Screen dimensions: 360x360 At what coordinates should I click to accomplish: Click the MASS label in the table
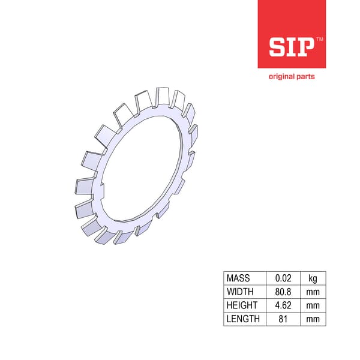tap(238, 278)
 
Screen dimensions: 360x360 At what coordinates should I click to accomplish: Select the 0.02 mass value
tap(283, 278)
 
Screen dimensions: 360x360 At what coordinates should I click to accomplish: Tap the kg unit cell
tap(313, 278)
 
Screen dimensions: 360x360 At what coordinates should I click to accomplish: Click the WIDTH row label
tap(239, 292)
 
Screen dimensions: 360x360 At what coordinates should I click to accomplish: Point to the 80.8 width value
tap(283, 292)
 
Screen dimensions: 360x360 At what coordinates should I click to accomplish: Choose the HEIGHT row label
tap(241, 305)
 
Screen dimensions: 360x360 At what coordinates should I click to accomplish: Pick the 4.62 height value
tap(283, 305)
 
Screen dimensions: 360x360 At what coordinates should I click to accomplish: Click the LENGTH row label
tap(243, 319)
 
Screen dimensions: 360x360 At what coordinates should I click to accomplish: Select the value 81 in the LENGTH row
tap(283, 319)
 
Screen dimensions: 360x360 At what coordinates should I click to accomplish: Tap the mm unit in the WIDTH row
tap(313, 292)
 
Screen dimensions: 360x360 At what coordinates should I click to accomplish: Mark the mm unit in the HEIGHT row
tap(313, 305)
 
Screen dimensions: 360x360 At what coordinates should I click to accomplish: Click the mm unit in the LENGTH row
tap(313, 319)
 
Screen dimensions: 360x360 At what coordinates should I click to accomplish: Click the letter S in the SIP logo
tap(279, 47)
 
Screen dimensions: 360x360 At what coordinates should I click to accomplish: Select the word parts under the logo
tap(305, 77)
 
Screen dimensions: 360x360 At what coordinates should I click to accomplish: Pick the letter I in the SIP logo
tap(292, 47)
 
